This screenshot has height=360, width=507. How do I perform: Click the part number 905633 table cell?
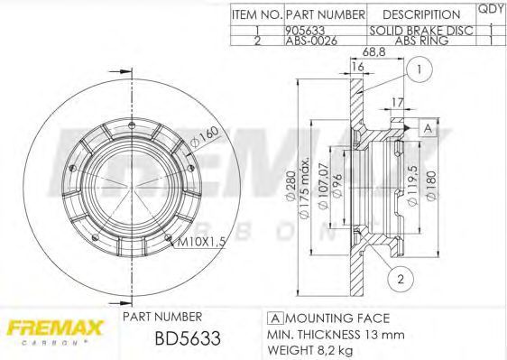305,31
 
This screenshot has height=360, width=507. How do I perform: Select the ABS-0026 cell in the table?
311,41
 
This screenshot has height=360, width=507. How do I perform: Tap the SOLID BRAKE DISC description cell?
421,31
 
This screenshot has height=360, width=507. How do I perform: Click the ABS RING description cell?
421,41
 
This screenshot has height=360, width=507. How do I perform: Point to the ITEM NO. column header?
257,14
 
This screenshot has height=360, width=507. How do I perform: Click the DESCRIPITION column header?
421,14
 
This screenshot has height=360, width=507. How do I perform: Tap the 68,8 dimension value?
374,51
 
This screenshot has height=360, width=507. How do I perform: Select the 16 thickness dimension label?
357,66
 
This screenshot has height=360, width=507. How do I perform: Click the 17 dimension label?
398,103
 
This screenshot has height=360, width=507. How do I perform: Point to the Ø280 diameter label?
291,186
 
